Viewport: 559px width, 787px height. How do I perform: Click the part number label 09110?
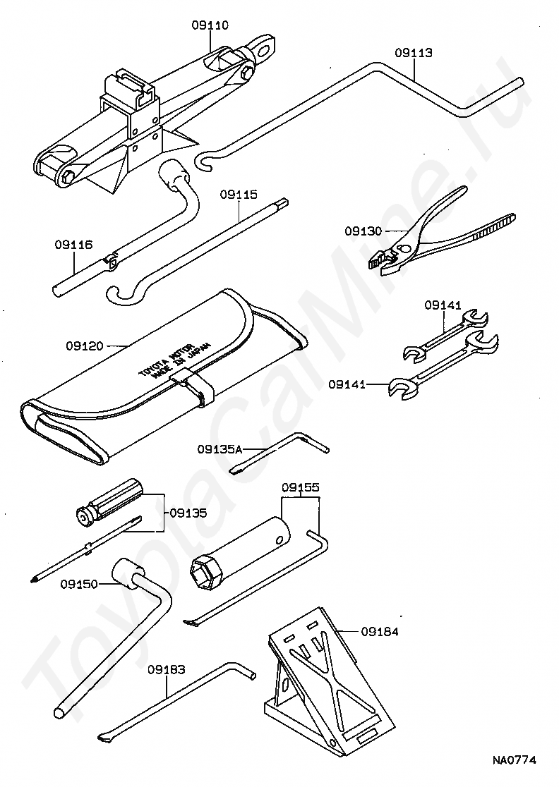coord(210,25)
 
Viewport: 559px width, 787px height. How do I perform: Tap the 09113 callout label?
coord(414,53)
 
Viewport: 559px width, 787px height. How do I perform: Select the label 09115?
coord(238,194)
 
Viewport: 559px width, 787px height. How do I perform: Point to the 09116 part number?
coord(73,245)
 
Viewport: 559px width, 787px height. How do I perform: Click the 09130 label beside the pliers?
coord(363,231)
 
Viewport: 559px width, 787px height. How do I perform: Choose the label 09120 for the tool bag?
coord(85,346)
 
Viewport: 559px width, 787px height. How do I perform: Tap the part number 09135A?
coord(220,449)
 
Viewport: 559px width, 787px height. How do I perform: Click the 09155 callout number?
coord(301,487)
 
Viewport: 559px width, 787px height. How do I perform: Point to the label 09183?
coord(167,669)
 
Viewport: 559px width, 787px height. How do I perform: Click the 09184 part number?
coord(380,632)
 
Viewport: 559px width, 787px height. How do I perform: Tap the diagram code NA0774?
coord(515,760)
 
